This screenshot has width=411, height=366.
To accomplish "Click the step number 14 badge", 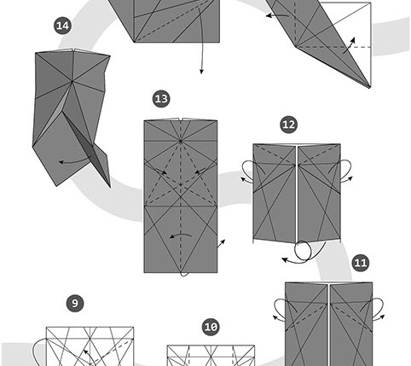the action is coord(62,26).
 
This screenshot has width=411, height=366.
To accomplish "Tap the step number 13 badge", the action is coord(161,99).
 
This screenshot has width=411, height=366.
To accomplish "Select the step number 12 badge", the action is coord(288,125).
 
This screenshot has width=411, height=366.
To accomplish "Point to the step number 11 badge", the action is coord(361,263).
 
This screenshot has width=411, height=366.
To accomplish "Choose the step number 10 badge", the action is coord(211,327).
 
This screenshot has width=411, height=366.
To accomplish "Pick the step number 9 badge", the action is coord(75,303).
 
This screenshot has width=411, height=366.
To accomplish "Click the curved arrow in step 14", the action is coord(74,163).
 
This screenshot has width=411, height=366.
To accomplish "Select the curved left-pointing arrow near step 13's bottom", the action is coord(181,235).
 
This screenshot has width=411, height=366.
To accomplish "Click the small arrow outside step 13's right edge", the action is coord(222,243).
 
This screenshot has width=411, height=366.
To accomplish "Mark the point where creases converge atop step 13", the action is coord(181,141).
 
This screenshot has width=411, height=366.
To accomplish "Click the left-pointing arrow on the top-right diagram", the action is coord(277,15).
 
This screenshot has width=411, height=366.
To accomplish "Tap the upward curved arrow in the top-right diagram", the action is coord(350,45).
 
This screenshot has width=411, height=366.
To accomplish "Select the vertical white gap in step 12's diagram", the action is coord(297,194).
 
